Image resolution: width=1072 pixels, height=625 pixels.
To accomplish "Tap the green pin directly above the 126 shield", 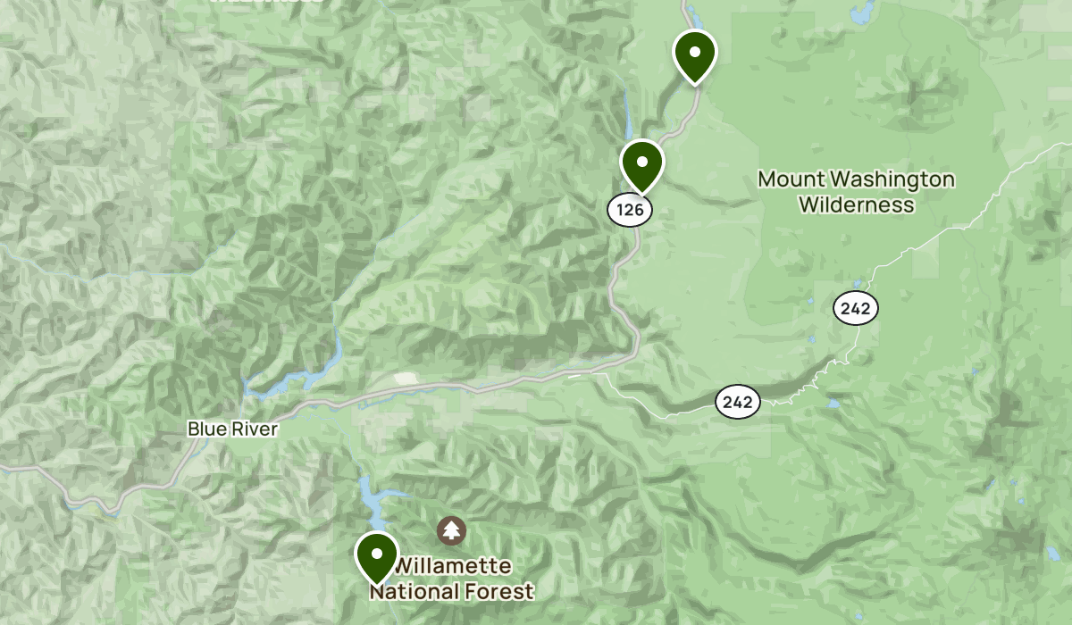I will point(641,163).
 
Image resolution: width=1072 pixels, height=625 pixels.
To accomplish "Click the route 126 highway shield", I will point(630,210).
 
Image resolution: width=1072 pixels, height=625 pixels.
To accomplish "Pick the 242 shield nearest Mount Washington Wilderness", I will point(856,309).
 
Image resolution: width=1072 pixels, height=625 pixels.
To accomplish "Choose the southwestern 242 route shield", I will point(737,402).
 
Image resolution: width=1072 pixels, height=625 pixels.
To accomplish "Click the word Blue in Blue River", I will point(205,429).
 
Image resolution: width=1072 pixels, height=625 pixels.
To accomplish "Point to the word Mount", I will point(791,179).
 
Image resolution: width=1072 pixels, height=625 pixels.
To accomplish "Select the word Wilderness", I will point(856,204).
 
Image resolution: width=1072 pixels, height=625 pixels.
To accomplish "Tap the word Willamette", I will point(453,566).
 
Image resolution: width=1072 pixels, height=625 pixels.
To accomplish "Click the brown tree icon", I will point(451,531).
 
